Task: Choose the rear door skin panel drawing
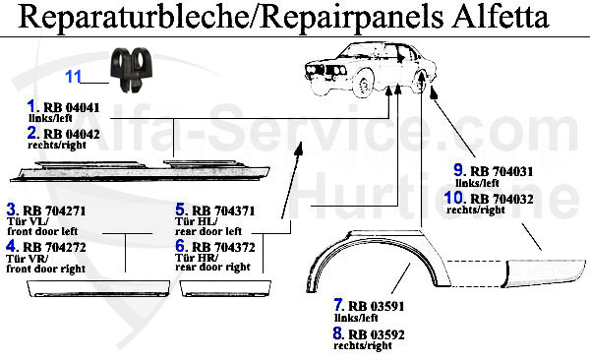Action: coord(226,284)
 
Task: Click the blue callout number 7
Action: coord(337,304)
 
